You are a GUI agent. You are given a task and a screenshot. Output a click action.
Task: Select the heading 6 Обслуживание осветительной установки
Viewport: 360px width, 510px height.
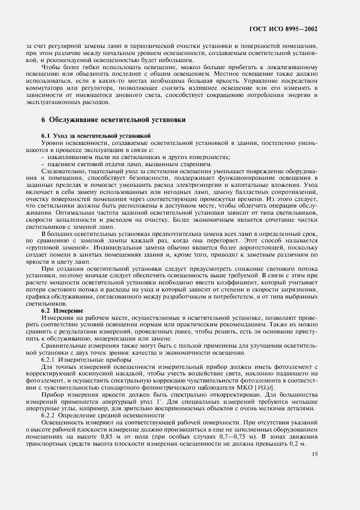click(113, 119)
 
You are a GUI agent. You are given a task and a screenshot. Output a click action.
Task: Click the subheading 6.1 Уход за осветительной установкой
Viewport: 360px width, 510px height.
click(96, 135)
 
